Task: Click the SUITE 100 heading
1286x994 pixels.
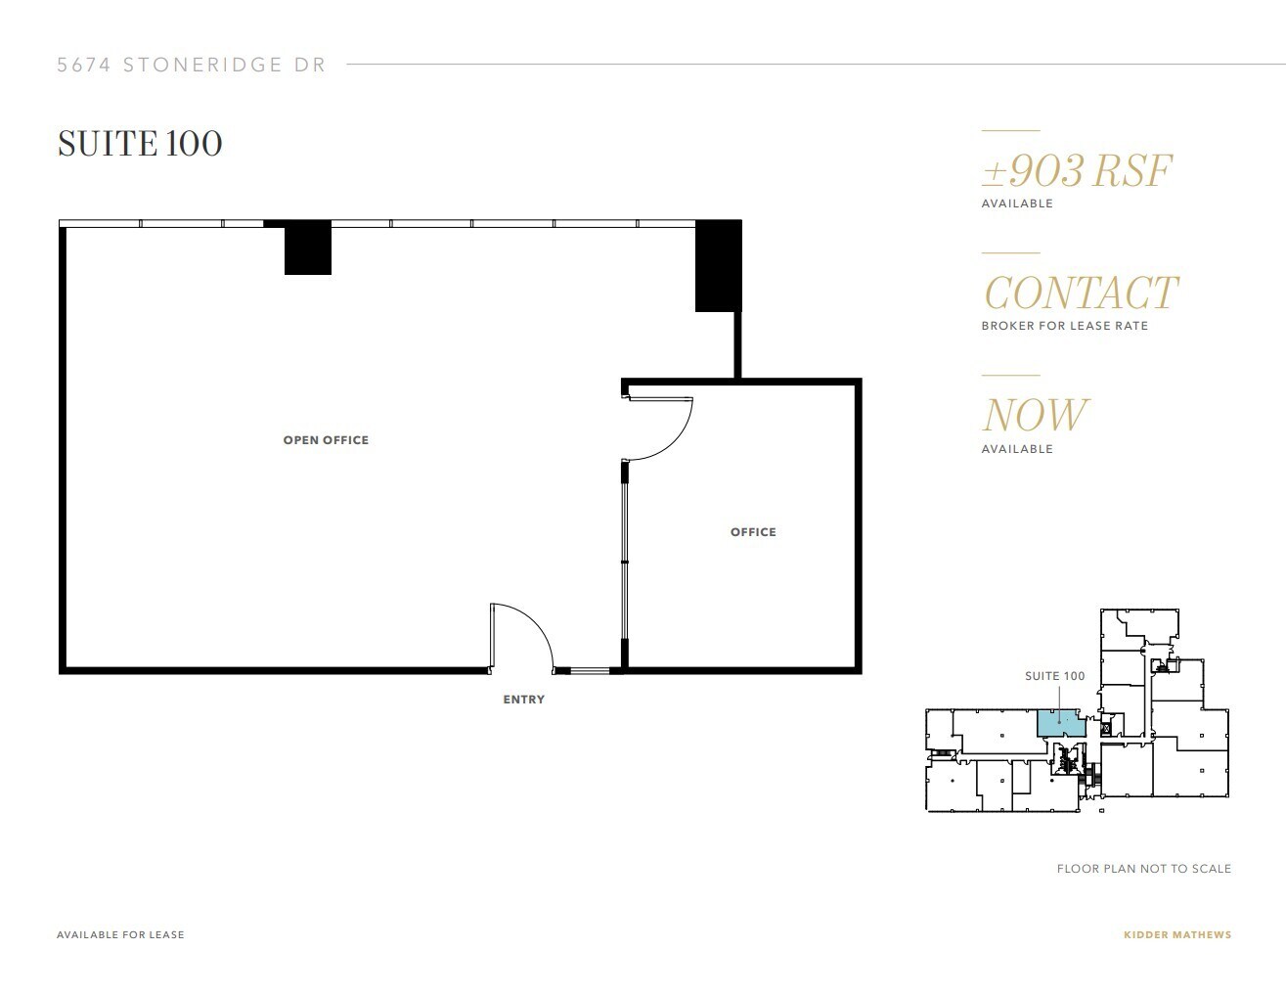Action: click(140, 144)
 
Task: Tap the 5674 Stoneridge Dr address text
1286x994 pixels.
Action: click(191, 66)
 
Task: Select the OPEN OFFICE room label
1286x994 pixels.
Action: click(326, 440)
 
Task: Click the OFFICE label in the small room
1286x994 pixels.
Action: click(753, 532)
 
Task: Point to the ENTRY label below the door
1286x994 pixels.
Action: click(523, 700)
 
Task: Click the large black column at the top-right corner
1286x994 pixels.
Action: click(718, 266)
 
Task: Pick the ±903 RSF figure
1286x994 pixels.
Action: click(1077, 171)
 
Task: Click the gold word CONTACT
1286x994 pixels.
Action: click(1081, 294)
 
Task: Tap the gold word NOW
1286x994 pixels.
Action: click(1035, 416)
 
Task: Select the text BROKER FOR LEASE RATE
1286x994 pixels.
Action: click(1064, 326)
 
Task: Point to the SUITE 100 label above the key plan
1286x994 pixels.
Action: click(1054, 676)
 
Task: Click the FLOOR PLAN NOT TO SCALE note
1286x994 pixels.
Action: click(1143, 869)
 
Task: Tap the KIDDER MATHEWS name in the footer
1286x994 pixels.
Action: click(1177, 934)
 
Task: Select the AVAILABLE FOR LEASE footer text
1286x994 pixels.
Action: click(120, 934)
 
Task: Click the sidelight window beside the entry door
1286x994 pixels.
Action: click(590, 671)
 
